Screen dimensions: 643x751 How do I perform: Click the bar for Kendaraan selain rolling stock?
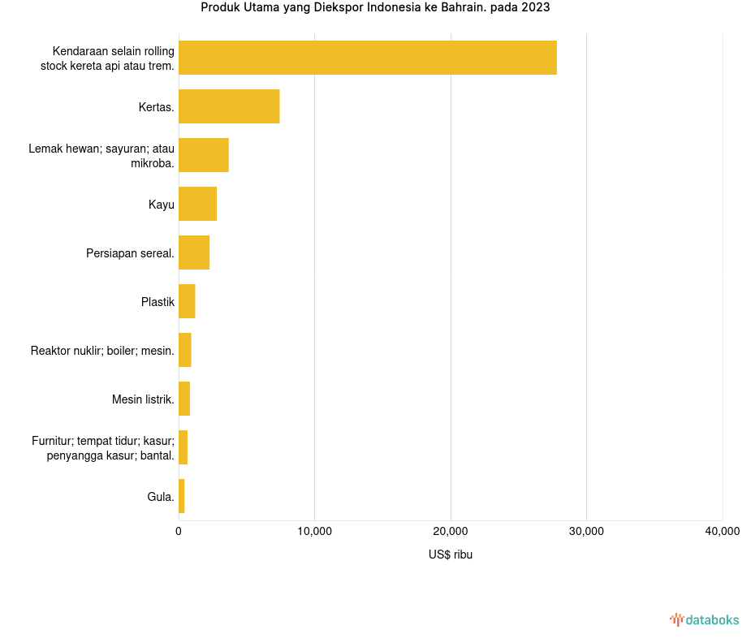[367, 58]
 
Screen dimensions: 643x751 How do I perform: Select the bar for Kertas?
[229, 106]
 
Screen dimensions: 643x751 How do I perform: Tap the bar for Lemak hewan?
[204, 155]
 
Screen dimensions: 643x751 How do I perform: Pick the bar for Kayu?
[197, 204]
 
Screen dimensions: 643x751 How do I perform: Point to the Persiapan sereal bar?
[194, 252]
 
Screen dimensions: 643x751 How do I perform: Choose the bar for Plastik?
[187, 301]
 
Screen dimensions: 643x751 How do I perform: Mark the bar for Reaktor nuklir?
[185, 350]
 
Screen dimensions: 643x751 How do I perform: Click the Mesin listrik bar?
[184, 399]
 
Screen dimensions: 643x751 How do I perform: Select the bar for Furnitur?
[183, 447]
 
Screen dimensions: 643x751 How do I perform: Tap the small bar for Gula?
[182, 496]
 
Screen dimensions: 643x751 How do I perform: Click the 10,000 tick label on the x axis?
[314, 532]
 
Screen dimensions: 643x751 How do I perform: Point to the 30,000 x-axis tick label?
[586, 532]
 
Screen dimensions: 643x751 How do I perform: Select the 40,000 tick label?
[722, 532]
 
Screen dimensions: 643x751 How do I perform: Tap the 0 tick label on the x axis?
[179, 532]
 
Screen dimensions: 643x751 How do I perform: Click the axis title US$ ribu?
[451, 555]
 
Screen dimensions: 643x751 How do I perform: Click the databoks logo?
[705, 620]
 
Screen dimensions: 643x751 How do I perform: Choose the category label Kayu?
[161, 205]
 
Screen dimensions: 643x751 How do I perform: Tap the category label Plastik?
[158, 302]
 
